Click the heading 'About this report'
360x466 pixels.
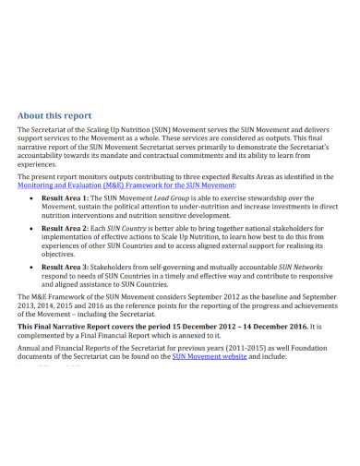54,115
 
